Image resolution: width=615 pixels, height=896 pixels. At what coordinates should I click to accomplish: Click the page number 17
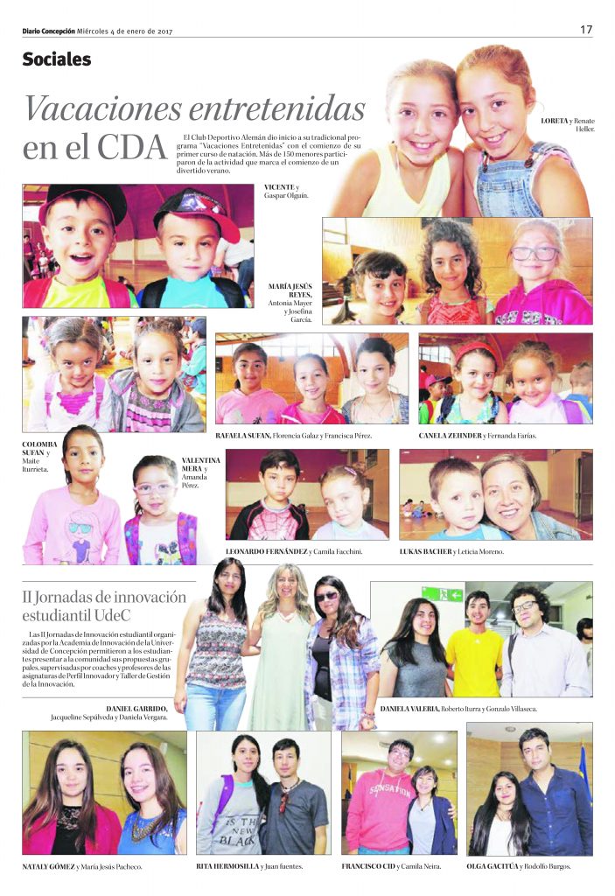tap(586, 30)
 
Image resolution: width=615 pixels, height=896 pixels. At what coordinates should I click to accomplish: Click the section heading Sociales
tap(57, 59)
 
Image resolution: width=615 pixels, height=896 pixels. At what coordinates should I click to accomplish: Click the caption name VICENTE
tap(279, 187)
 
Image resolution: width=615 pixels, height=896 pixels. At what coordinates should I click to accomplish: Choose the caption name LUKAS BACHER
tap(425, 552)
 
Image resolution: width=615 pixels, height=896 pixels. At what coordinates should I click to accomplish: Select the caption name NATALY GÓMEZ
tap(48, 866)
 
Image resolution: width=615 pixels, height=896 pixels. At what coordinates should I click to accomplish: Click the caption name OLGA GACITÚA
tap(492, 866)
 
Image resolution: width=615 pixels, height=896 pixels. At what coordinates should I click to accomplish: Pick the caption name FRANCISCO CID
tap(367, 866)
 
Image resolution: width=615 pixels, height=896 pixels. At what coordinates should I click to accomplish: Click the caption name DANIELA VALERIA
tap(409, 708)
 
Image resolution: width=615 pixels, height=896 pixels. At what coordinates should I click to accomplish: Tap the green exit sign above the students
tap(443, 594)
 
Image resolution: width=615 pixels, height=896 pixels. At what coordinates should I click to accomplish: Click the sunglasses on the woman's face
tap(326, 597)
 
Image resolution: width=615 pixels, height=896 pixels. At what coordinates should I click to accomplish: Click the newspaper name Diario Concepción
tap(49, 31)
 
